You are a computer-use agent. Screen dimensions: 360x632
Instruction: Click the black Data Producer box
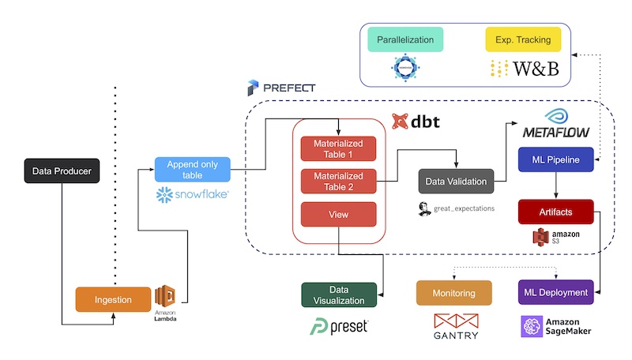pyautogui.click(x=62, y=170)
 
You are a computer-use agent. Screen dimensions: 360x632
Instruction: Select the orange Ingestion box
pyautogui.click(x=115, y=299)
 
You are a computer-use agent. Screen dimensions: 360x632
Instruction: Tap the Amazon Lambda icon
pyautogui.click(x=167, y=297)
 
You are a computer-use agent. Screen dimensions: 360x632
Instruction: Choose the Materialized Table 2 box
pyautogui.click(x=339, y=182)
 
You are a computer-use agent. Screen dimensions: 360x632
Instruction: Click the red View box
pyautogui.click(x=339, y=214)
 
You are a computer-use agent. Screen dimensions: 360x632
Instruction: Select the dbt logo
pyautogui.click(x=416, y=122)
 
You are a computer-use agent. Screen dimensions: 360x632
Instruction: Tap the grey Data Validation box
pyautogui.click(x=456, y=181)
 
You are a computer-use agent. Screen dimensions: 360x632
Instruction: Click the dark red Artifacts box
pyautogui.click(x=556, y=212)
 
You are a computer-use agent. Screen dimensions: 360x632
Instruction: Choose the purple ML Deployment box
pyautogui.click(x=556, y=293)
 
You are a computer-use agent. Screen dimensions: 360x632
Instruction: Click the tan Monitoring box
pyautogui.click(x=453, y=293)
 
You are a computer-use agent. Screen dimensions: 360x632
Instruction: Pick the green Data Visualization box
pyautogui.click(x=339, y=294)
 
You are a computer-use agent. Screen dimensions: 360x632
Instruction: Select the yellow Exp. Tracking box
pyautogui.click(x=524, y=39)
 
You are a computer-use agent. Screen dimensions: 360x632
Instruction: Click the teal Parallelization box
pyautogui.click(x=405, y=39)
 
